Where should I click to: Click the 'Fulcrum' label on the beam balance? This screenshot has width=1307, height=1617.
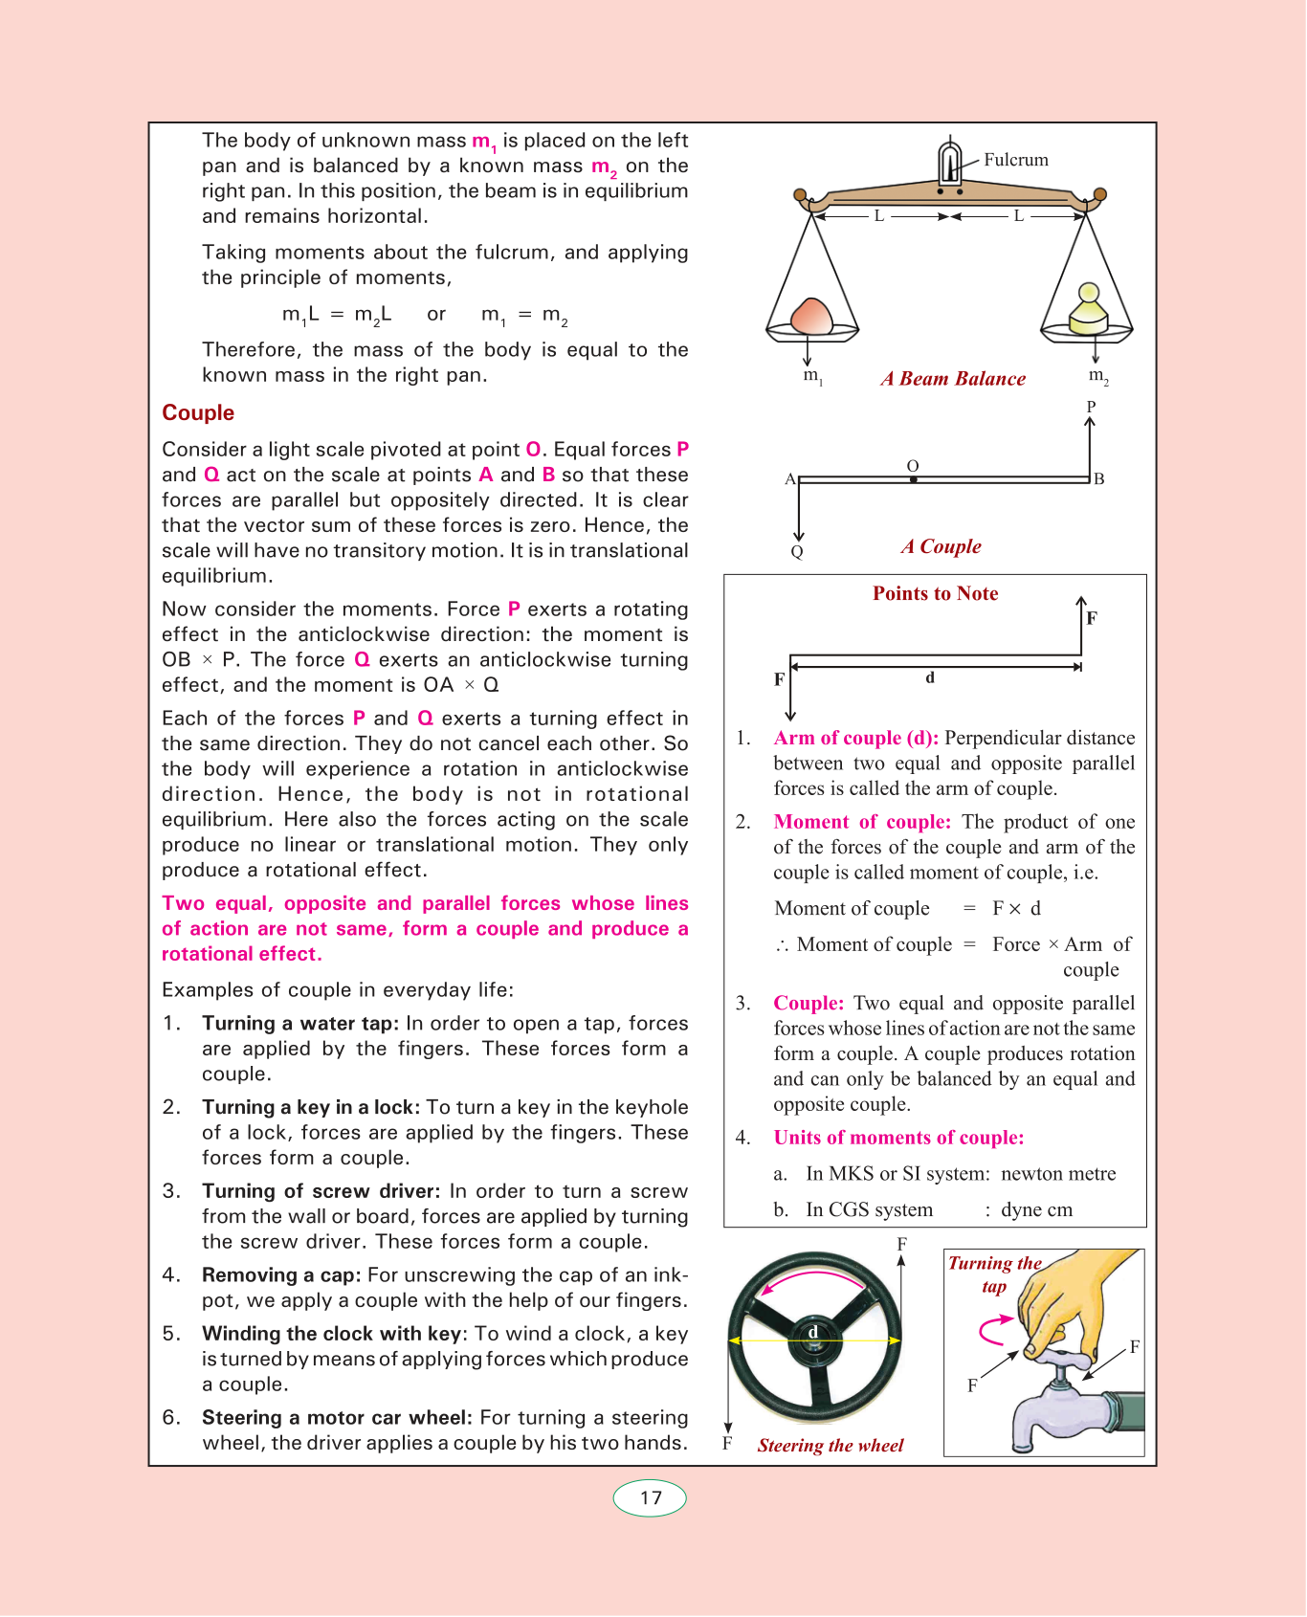click(1015, 160)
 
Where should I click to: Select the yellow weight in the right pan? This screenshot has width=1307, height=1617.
click(1088, 310)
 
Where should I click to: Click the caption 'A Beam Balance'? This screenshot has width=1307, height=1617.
click(953, 379)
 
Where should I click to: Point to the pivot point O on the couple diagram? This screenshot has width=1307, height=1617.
click(913, 478)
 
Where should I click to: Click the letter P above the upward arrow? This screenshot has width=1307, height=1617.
click(1091, 407)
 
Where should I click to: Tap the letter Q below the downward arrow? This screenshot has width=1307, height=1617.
click(797, 552)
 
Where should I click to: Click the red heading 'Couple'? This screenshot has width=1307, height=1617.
click(198, 412)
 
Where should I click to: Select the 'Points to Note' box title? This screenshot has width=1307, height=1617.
click(935, 593)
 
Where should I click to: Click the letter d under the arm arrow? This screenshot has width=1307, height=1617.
click(930, 677)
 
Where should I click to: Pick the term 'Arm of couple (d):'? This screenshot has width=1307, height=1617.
click(855, 738)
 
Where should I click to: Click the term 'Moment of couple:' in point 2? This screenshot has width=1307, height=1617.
click(862, 822)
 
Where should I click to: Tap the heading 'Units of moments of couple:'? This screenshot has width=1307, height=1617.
click(898, 1138)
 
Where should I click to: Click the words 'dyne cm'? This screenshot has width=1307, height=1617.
click(1036, 1209)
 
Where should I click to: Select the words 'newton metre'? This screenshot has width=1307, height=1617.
click(1058, 1174)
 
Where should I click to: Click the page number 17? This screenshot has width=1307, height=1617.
click(651, 1498)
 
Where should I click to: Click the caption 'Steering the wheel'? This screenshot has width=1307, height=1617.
click(831, 1446)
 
